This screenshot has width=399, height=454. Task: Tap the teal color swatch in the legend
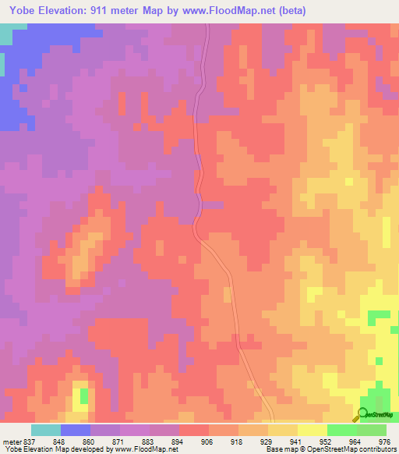click(x=46, y=430)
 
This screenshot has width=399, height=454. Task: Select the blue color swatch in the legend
click(x=76, y=430)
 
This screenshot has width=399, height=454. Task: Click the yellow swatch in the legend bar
click(x=283, y=430)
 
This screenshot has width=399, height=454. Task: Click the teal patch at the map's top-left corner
click(x=6, y=34)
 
